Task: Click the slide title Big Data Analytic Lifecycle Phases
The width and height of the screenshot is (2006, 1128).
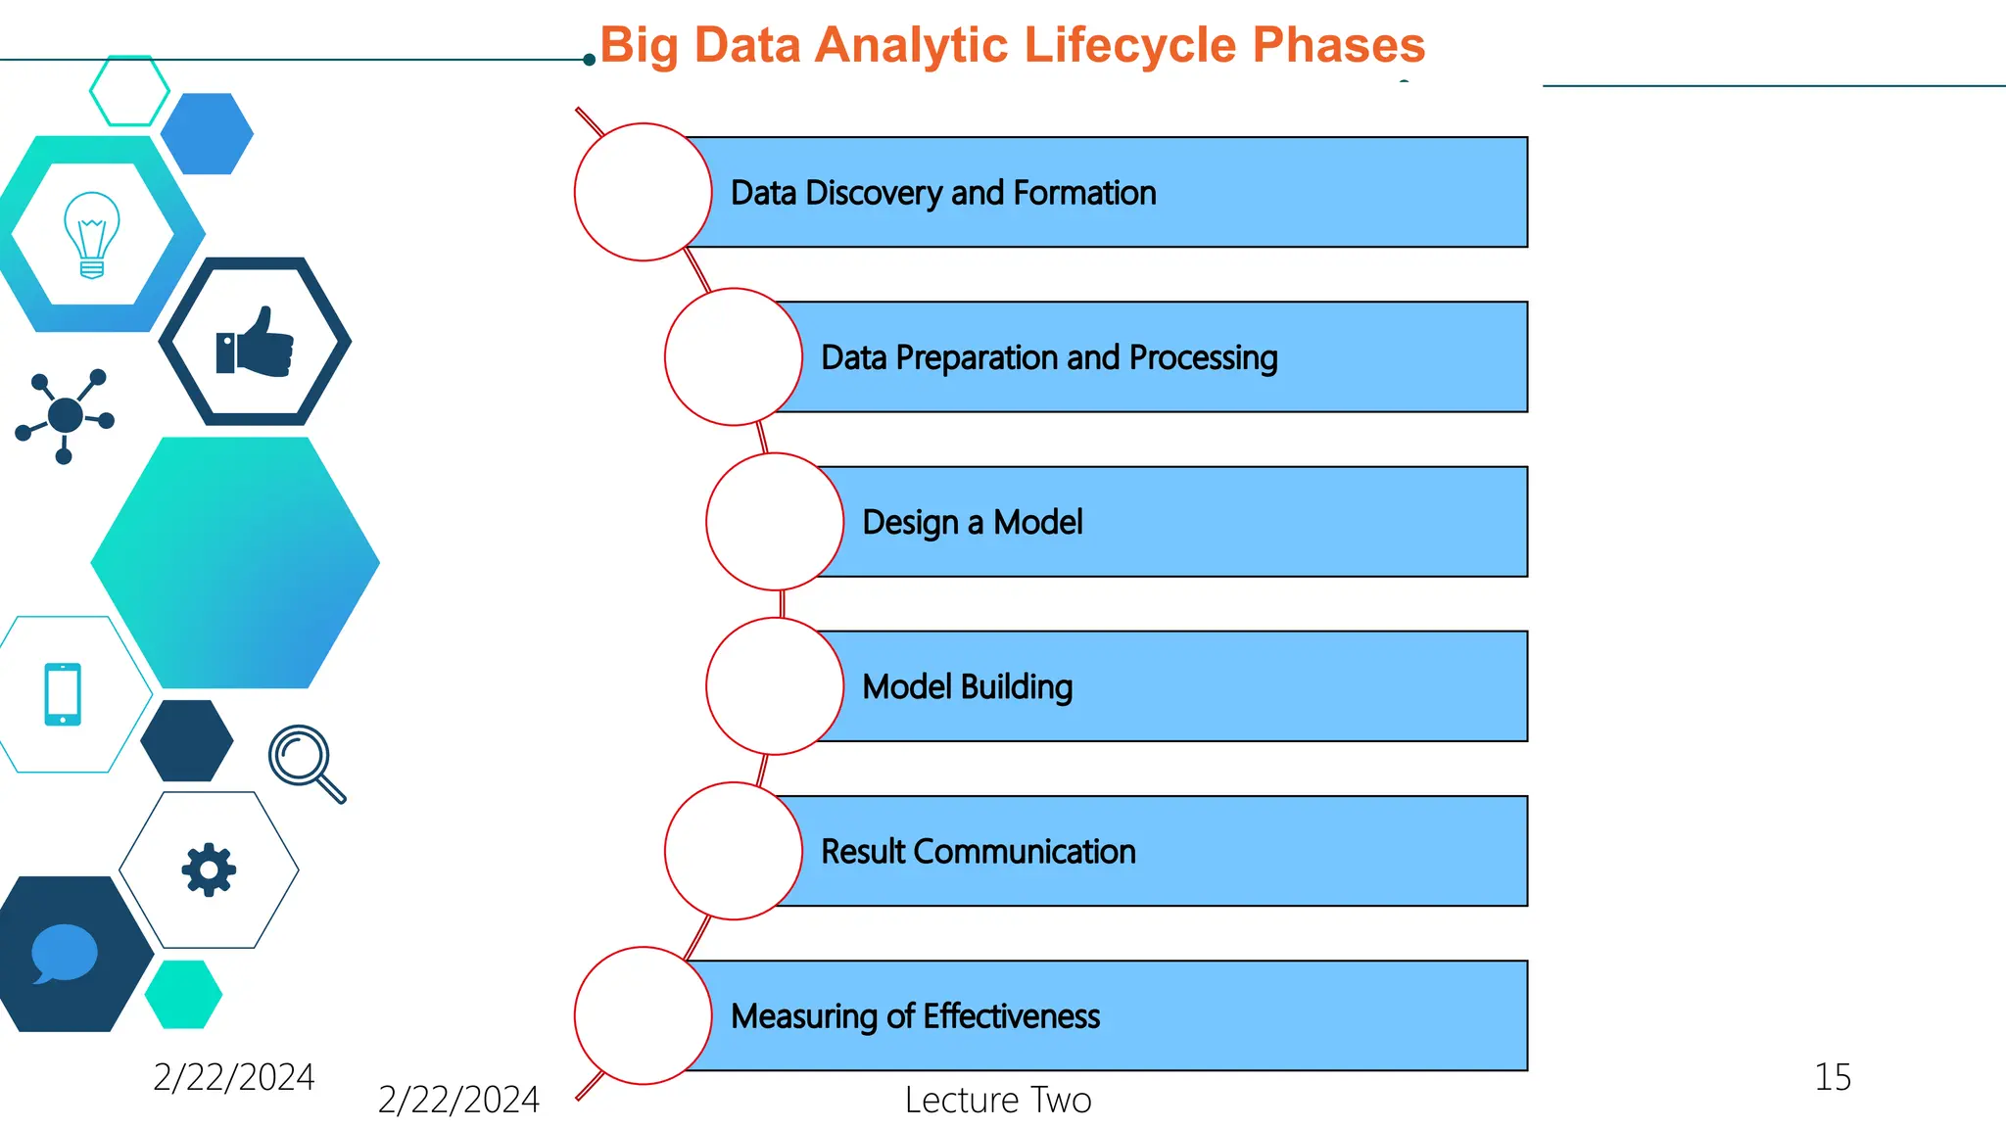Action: (1012, 46)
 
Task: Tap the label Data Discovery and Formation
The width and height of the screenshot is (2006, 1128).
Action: (943, 193)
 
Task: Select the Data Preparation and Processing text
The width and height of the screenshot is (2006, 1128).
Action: (1049, 357)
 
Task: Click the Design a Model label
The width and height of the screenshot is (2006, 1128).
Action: (972, 522)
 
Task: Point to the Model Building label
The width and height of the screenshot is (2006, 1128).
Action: (967, 686)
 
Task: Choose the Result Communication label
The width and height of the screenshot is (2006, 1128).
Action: (978, 851)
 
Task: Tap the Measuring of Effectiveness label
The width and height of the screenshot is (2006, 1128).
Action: (915, 1015)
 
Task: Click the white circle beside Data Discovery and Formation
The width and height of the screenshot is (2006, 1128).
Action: (643, 192)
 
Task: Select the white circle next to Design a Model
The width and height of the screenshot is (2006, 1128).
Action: (774, 522)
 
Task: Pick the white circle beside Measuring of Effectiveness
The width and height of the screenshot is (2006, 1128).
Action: (643, 1015)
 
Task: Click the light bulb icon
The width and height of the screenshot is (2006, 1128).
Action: (92, 235)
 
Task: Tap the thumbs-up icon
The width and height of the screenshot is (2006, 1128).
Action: (255, 342)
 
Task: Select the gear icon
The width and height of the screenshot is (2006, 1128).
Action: (209, 869)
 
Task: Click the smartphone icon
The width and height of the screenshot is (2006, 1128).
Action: (63, 694)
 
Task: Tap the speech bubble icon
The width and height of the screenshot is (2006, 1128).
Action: (65, 953)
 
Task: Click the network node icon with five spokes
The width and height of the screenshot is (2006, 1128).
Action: (65, 415)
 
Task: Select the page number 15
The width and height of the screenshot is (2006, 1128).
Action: (1833, 1077)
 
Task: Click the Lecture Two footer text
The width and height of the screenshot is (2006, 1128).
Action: (997, 1100)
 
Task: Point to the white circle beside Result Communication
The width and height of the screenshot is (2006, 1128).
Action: (733, 851)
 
